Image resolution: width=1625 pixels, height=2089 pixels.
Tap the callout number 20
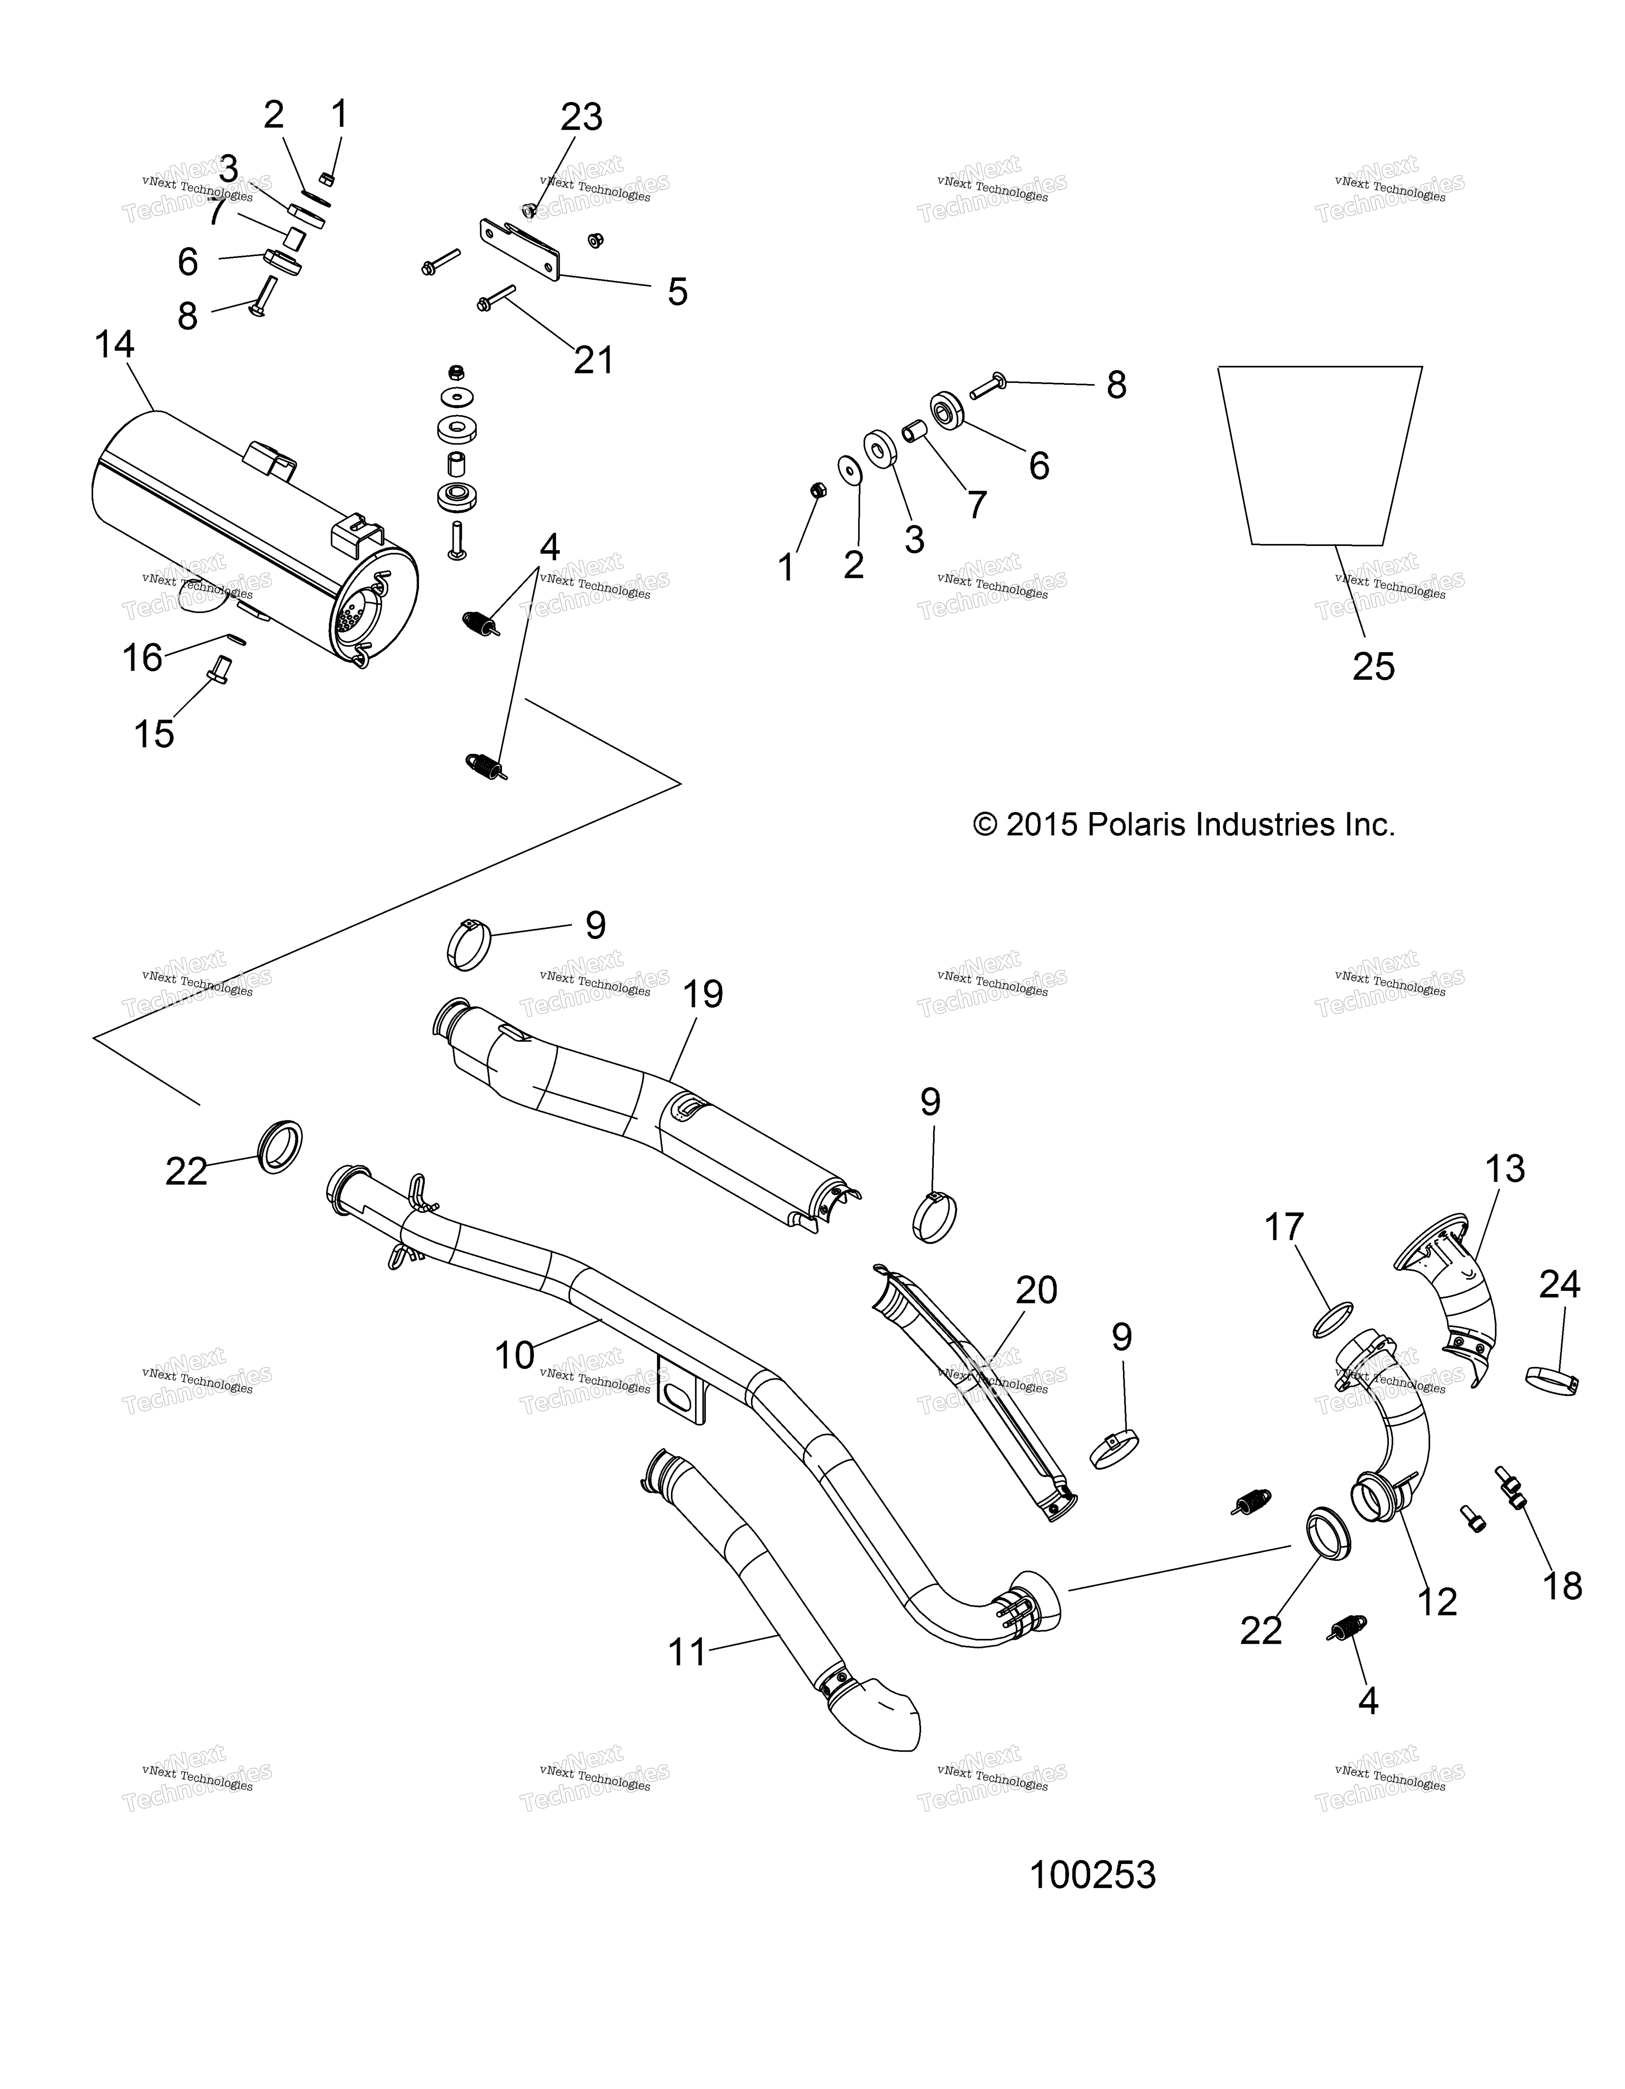click(x=1036, y=1290)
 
